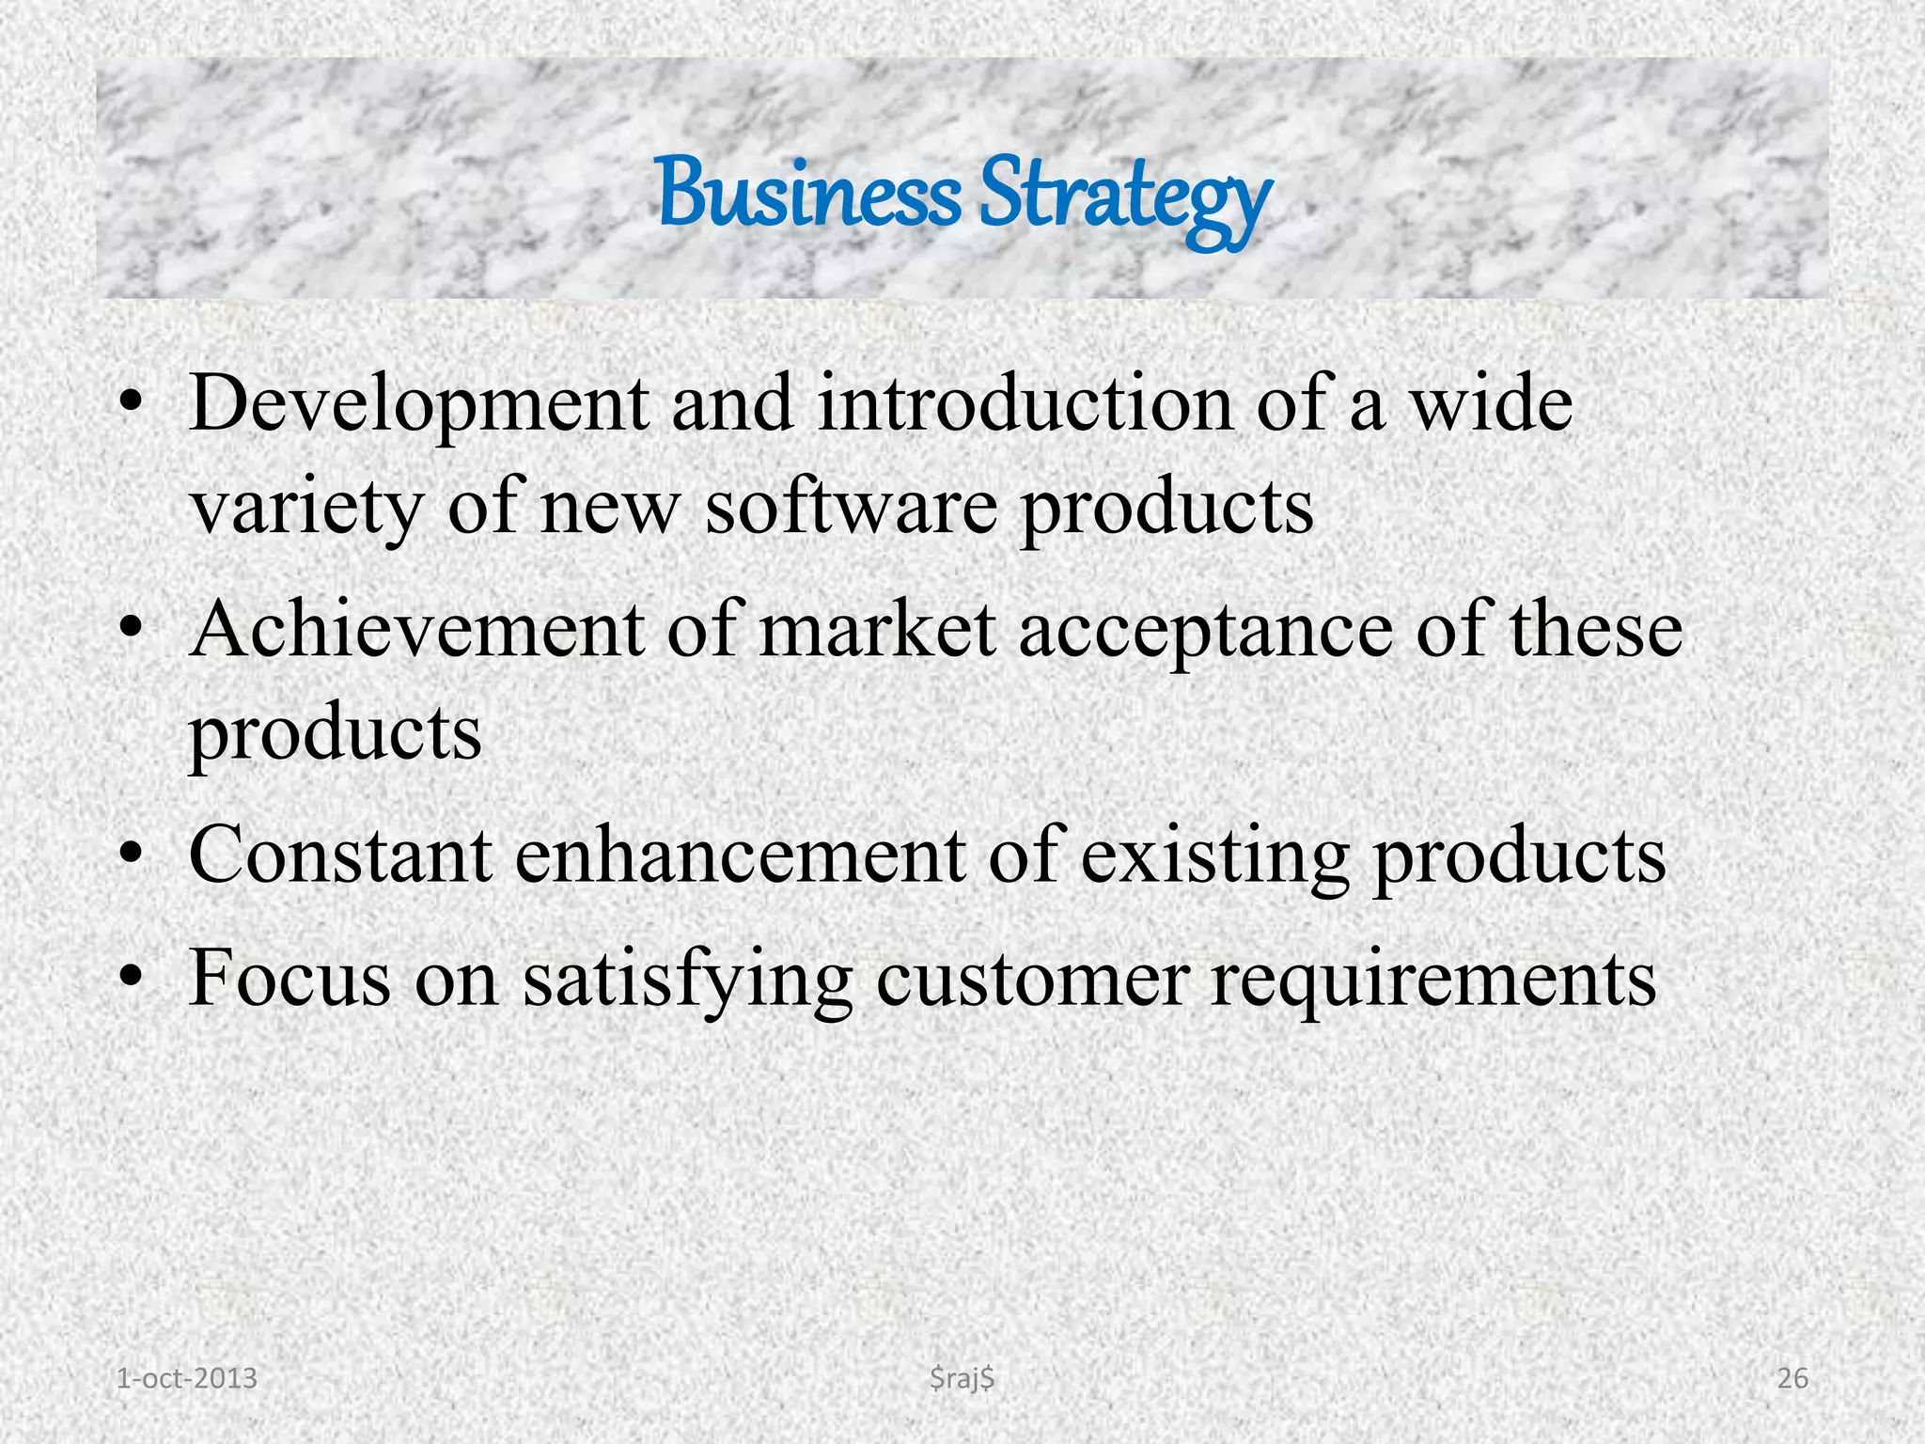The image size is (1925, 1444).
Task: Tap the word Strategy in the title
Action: (x=1124, y=196)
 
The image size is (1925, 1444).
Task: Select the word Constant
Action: (x=340, y=855)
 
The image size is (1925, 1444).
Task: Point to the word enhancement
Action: (x=740, y=855)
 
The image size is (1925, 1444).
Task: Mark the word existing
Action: (x=1214, y=856)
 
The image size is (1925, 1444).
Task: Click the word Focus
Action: (x=290, y=978)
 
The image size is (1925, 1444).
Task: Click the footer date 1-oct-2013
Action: (x=186, y=1378)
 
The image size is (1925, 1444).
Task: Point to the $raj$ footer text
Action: (x=962, y=1378)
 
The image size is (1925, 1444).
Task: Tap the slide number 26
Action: (x=1792, y=1378)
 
